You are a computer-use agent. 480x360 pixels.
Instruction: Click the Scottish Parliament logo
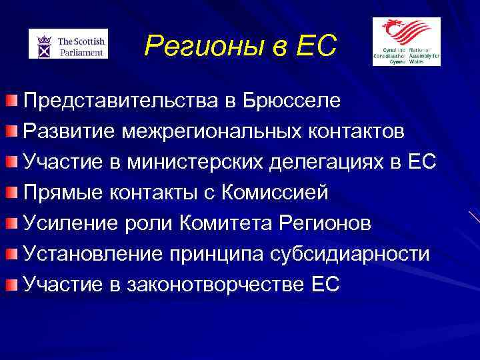(x=68, y=43)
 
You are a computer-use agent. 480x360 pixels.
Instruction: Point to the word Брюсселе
(x=293, y=101)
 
